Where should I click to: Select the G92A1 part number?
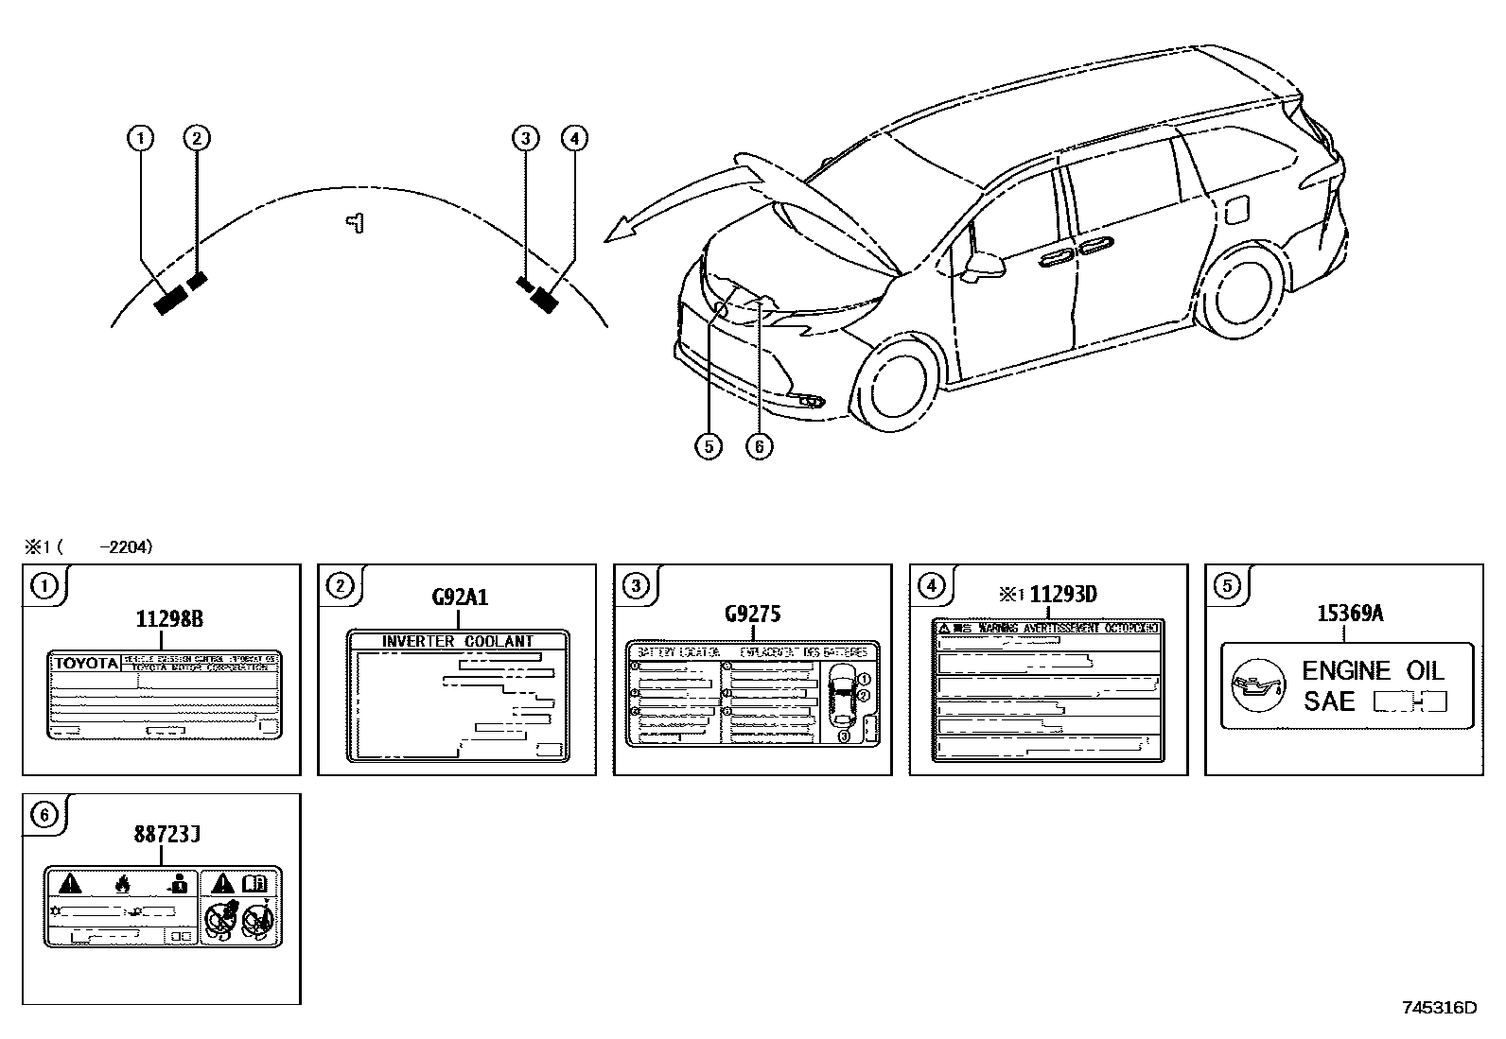460,597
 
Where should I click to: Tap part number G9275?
752,614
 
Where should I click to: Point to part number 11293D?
1062,595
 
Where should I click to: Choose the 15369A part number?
1350,614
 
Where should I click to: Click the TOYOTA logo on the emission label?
85,663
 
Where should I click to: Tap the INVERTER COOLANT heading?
458,641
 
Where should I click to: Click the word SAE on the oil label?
1329,701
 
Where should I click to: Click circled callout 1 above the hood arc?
140,138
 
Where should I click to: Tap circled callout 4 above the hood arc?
573,138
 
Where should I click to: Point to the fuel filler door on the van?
1237,210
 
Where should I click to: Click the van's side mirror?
984,264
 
